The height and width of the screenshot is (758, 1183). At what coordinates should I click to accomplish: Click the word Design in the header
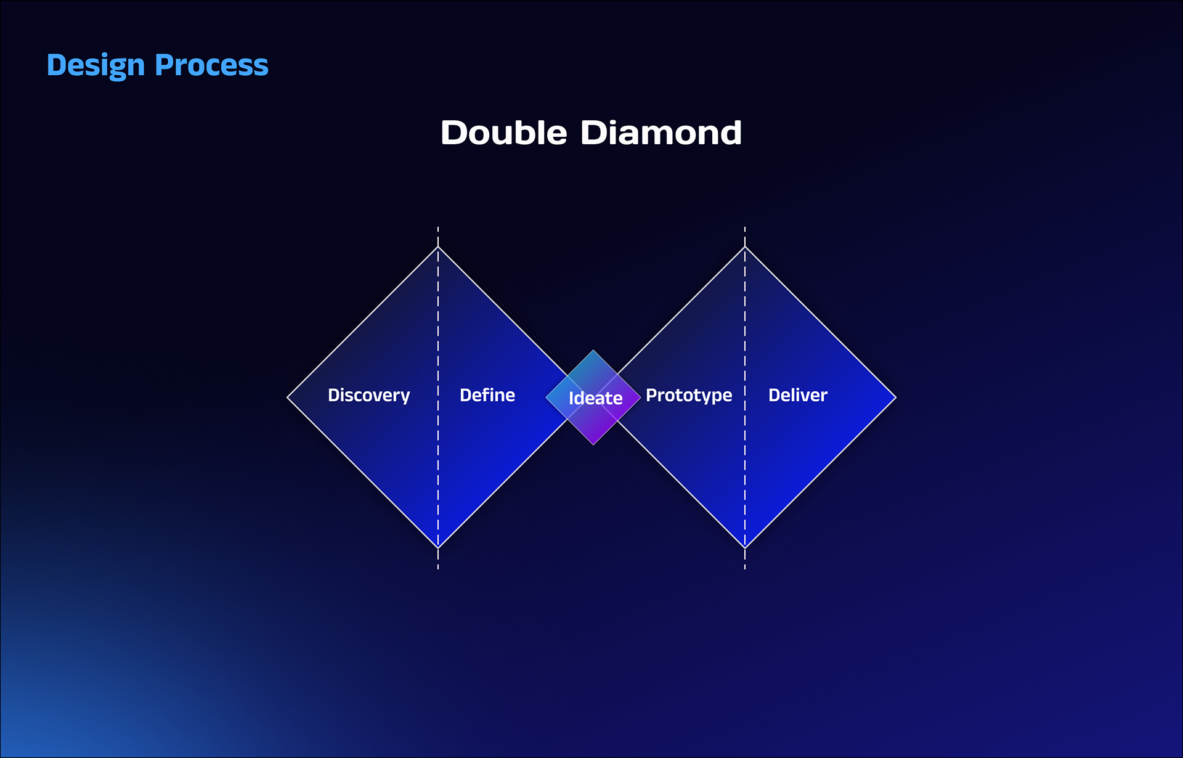tap(96, 65)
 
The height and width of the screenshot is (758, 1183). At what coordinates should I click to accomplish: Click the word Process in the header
tap(211, 65)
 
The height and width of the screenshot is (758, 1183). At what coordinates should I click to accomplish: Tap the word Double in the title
tap(503, 132)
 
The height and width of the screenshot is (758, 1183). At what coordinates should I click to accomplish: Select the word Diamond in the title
tap(661, 132)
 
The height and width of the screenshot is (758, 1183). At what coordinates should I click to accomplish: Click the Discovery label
tap(368, 395)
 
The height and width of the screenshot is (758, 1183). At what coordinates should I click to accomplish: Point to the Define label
tap(487, 395)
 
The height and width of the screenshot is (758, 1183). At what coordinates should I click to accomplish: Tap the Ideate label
tap(595, 398)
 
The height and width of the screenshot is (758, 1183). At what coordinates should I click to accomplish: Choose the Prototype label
tap(689, 395)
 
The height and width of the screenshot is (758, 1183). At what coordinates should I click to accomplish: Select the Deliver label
tap(797, 395)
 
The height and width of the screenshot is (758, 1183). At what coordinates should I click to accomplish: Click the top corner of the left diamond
tap(438, 247)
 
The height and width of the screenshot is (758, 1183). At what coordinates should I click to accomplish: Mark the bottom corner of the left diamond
tap(438, 548)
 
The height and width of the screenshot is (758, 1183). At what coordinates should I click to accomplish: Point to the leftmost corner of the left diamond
tap(288, 397)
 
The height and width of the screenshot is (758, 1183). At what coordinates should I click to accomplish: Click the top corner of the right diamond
tap(745, 247)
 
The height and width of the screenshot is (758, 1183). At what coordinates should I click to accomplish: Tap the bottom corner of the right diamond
tap(745, 548)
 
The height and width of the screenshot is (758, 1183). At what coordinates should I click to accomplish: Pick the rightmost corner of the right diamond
tap(895, 397)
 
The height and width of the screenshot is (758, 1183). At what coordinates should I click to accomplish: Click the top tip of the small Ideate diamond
tap(593, 351)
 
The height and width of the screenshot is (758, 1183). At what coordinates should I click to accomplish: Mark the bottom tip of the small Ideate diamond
tap(593, 444)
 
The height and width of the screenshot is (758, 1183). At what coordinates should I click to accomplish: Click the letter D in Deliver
tap(774, 395)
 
